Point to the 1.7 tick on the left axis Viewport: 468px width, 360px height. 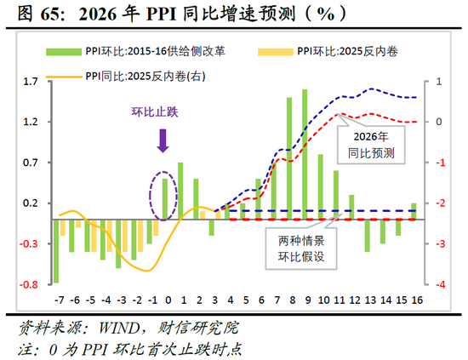point(31,82)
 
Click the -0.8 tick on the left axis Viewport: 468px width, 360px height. point(29,284)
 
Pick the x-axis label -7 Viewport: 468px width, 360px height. point(58,300)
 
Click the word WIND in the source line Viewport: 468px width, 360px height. point(120,327)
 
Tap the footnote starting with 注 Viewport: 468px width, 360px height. point(128,347)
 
